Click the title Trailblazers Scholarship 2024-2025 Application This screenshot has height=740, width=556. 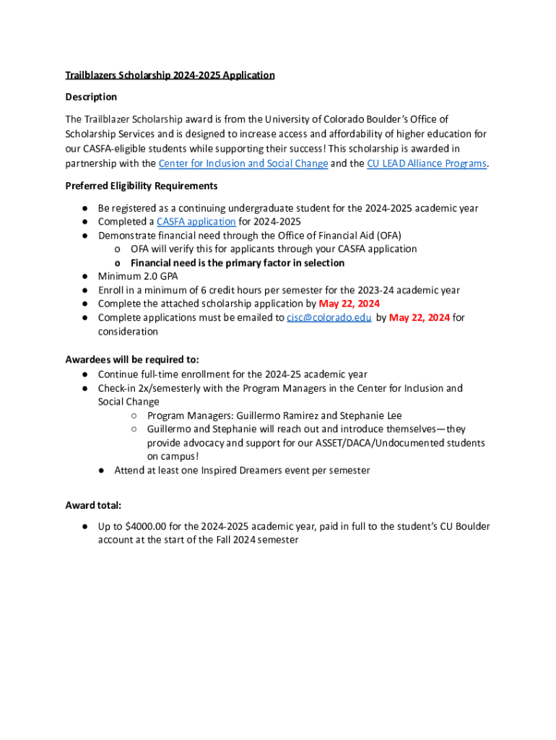[x=170, y=75]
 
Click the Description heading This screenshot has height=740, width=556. [x=91, y=97]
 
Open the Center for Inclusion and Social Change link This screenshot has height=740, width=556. [x=243, y=163]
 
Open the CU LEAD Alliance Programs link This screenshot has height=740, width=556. [x=427, y=163]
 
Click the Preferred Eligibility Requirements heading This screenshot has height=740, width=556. [x=142, y=186]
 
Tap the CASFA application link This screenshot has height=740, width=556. [x=196, y=222]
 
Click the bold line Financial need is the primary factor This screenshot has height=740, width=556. [x=237, y=263]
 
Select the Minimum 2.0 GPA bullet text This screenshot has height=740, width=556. [x=138, y=277]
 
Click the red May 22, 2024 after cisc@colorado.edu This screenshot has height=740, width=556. [x=420, y=318]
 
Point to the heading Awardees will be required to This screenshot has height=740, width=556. [x=132, y=359]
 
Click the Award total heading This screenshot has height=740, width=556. [x=93, y=506]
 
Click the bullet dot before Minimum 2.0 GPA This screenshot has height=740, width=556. [x=84, y=277]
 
